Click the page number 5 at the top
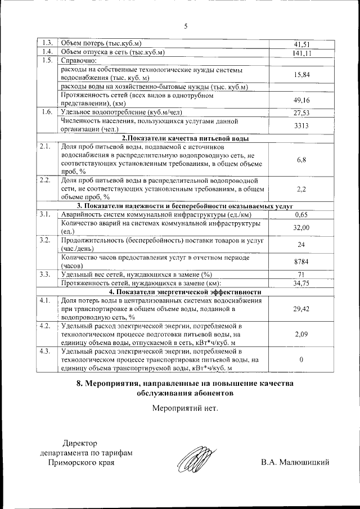click(x=185, y=25)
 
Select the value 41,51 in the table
click(x=302, y=44)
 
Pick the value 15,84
click(x=302, y=74)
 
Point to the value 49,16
click(x=302, y=100)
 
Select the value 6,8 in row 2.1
click(x=302, y=160)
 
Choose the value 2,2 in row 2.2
click(x=302, y=190)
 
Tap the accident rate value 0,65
click(x=302, y=215)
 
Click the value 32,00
click(x=302, y=228)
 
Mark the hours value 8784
click(x=302, y=262)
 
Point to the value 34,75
click(x=302, y=283)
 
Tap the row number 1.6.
click(x=47, y=112)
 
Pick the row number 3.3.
click(x=47, y=274)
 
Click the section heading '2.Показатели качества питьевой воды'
click(x=185, y=138)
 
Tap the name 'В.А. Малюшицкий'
click(x=295, y=462)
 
